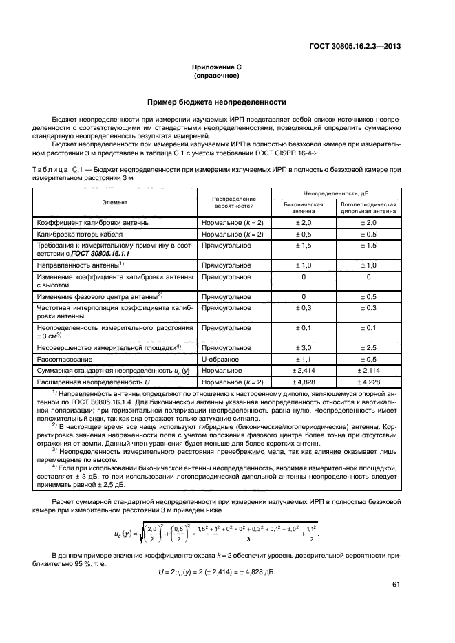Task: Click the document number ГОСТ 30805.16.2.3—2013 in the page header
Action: pos(355,47)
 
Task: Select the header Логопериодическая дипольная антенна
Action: pos(368,208)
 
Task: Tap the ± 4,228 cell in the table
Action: pos(368,381)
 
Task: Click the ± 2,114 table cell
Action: pos(368,370)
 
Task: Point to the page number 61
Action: pos(396,585)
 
